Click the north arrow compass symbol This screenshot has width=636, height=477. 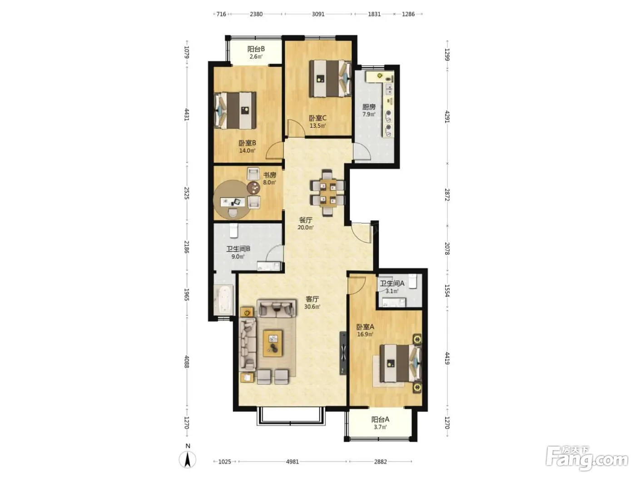188,459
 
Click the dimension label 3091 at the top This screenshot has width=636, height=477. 318,14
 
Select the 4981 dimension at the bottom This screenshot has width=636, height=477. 293,462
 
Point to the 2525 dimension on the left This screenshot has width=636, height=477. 187,193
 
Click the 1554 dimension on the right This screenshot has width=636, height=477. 447,290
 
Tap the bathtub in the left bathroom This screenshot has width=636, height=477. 224,300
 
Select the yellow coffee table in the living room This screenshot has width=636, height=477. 273,343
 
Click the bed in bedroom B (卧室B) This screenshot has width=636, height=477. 235,110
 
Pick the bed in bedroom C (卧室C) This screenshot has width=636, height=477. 330,78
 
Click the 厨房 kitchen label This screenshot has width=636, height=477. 369,107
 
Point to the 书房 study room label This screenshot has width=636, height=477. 269,175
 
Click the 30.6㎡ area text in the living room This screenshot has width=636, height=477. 312,307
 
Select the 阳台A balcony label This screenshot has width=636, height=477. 380,419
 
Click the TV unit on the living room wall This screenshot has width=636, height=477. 343,353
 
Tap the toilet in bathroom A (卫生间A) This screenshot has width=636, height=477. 413,281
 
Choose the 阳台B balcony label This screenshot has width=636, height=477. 256,49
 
